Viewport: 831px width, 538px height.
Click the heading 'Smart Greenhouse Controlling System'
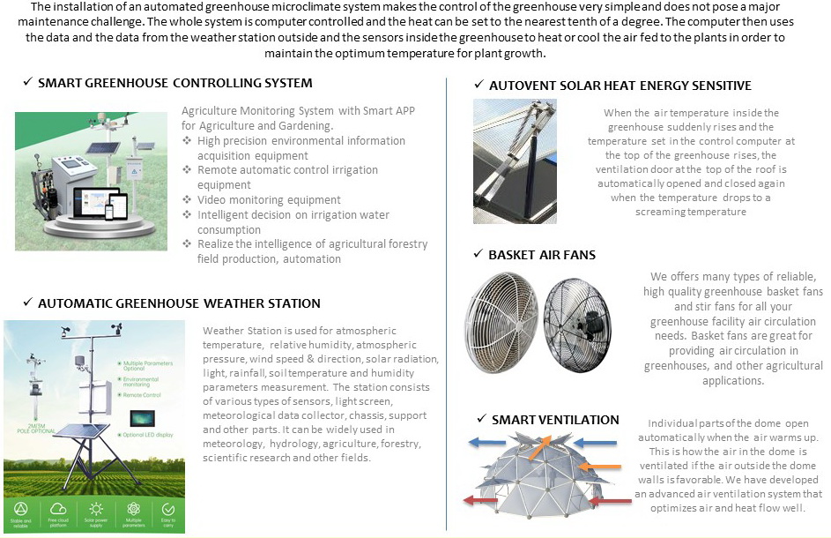coord(174,83)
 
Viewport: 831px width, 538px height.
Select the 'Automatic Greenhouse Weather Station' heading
coord(179,303)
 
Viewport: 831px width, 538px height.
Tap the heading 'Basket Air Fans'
coord(542,255)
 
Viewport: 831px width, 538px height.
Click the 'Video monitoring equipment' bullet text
coord(256,200)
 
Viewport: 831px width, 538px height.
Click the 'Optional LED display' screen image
coord(141,415)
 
